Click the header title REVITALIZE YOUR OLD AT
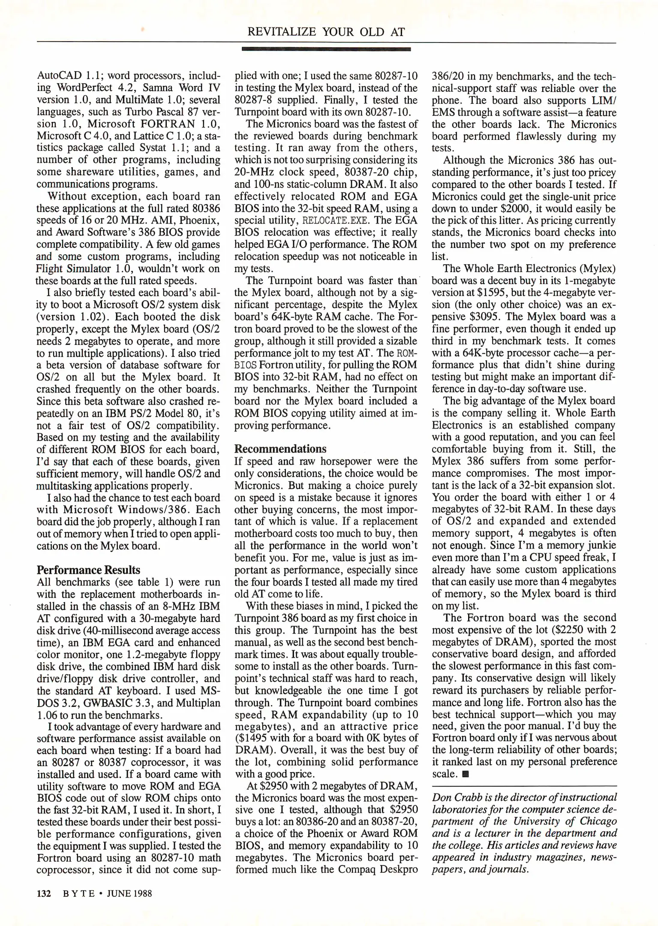(x=326, y=32)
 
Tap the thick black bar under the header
(x=326, y=49)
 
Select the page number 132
(x=44, y=893)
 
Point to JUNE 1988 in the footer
(x=129, y=893)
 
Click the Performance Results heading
(x=88, y=570)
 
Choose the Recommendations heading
(x=280, y=449)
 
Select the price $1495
(x=253, y=738)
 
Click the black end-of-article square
(x=466, y=774)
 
